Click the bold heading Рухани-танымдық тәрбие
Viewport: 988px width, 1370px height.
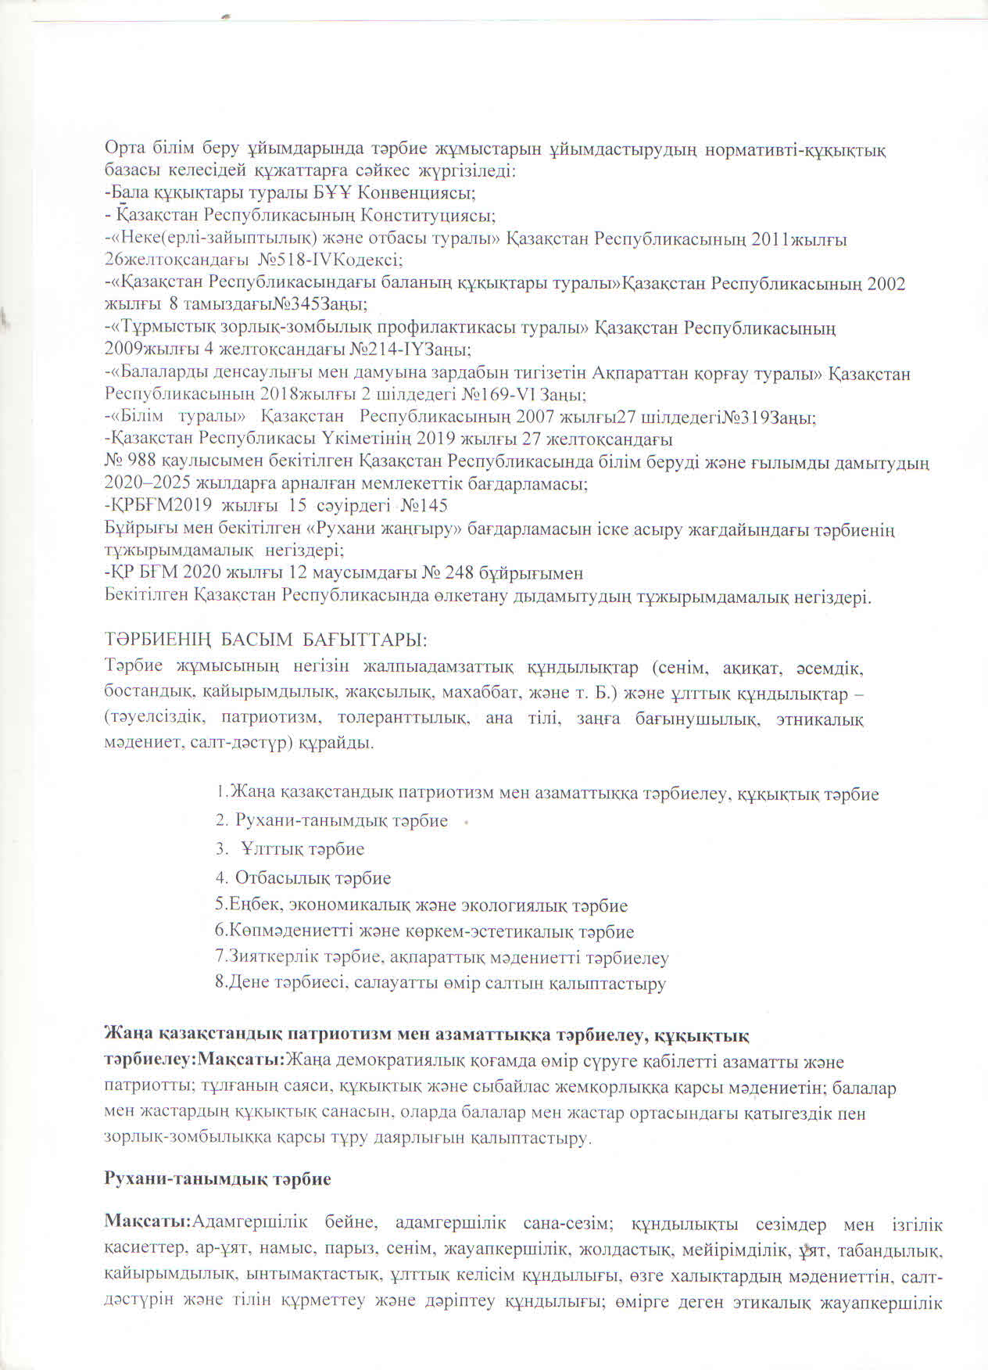[x=218, y=1178]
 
